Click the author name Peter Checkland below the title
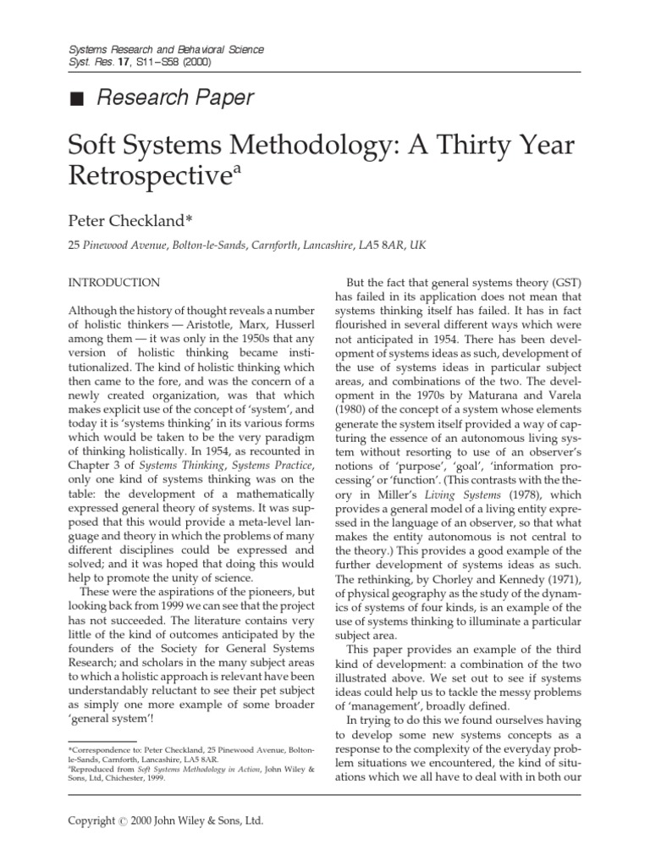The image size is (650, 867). click(130, 220)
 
